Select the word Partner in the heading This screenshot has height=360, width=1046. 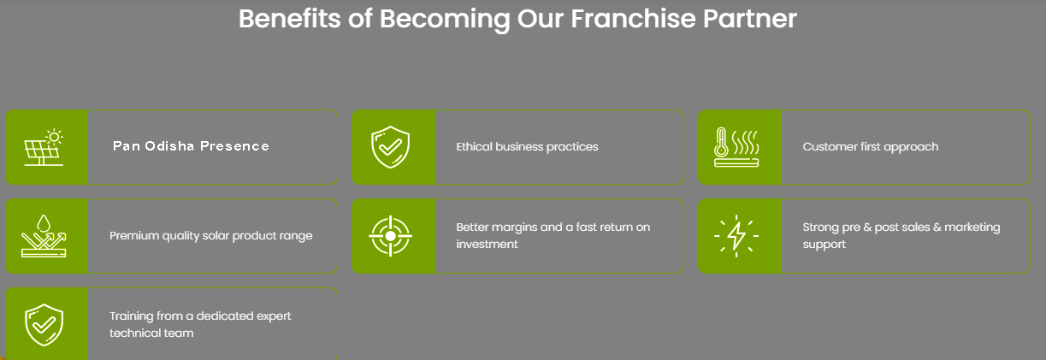pyautogui.click(x=750, y=19)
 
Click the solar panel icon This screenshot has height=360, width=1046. pyautogui.click(x=44, y=147)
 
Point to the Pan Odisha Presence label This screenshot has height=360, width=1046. pyautogui.click(x=191, y=146)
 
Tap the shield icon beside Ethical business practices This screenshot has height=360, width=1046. pyautogui.click(x=390, y=146)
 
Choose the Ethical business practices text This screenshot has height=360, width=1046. pyautogui.click(x=527, y=146)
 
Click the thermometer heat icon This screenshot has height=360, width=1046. pyautogui.click(x=736, y=147)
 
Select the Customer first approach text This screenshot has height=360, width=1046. pyautogui.click(x=871, y=146)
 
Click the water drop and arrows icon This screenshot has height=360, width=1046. pyautogui.click(x=44, y=236)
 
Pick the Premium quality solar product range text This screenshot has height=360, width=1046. pyautogui.click(x=211, y=236)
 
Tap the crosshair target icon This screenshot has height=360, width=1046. pyautogui.click(x=390, y=236)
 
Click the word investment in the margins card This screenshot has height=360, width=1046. pyautogui.click(x=487, y=245)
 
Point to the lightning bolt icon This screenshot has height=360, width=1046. pyautogui.click(x=736, y=236)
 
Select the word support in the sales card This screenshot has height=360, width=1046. pyautogui.click(x=824, y=245)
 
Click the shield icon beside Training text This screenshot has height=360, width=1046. pyautogui.click(x=44, y=325)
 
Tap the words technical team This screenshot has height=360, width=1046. pyautogui.click(x=151, y=333)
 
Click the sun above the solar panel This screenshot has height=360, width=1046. pyautogui.click(x=54, y=137)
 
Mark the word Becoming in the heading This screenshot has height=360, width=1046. pyautogui.click(x=445, y=20)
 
